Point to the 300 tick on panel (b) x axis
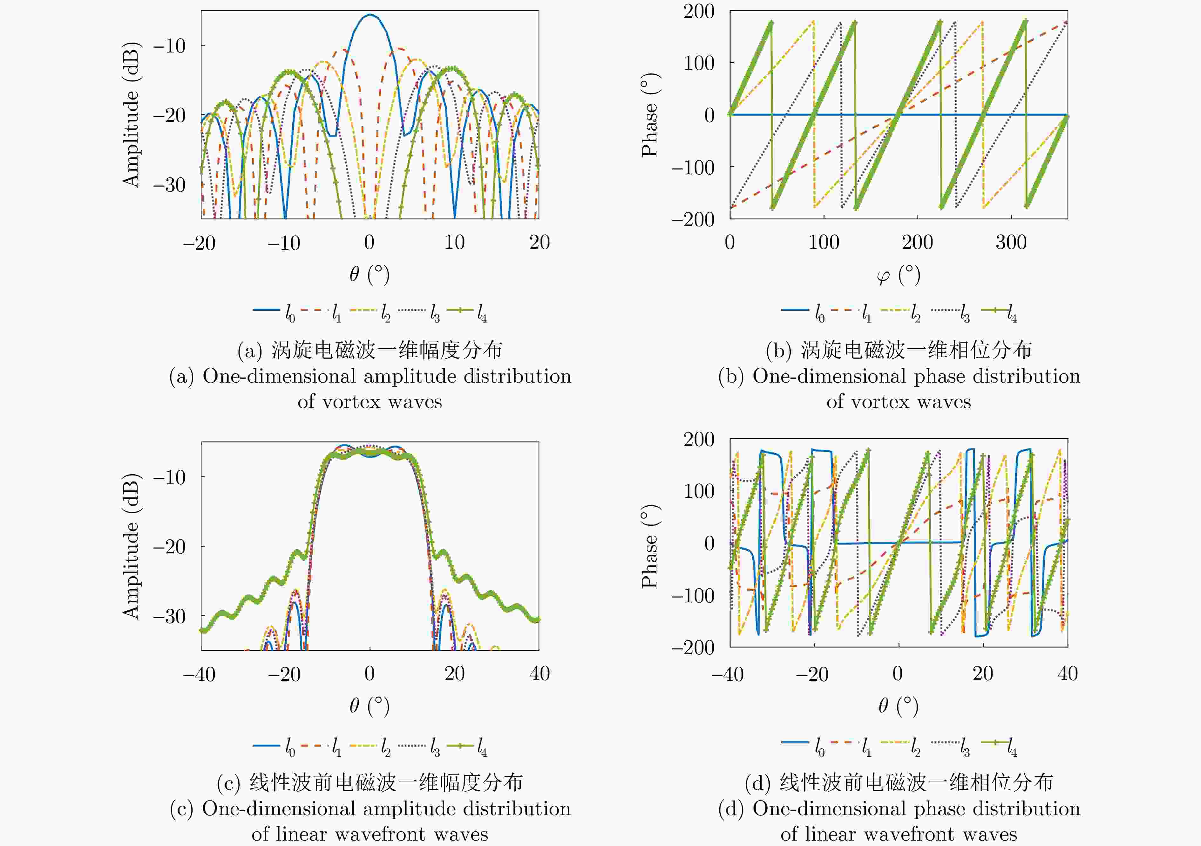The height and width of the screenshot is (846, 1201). pos(1011,242)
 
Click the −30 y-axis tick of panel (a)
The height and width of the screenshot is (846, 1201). pos(169,185)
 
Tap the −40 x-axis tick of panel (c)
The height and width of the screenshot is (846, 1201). pos(199,674)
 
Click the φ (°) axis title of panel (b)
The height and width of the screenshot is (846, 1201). pos(898,275)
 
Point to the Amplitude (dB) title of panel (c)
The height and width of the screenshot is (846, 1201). pos(131,546)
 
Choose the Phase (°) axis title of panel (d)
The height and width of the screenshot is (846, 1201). pos(650,546)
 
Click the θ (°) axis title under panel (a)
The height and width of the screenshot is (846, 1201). pos(369,274)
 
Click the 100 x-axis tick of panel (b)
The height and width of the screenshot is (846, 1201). pos(823,242)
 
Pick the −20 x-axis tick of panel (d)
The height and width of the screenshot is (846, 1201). pos(812,674)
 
